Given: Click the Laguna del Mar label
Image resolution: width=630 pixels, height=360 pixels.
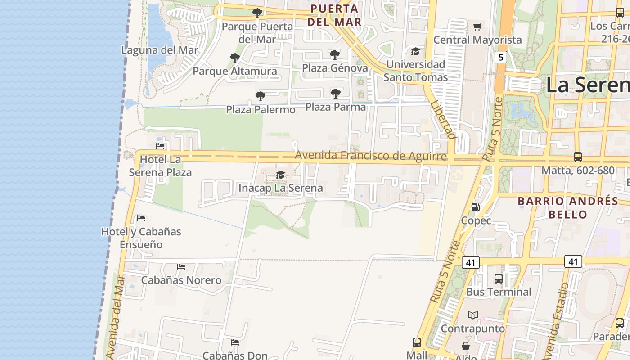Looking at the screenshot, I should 160,50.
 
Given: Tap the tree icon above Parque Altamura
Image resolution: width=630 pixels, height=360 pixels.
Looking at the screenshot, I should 234,58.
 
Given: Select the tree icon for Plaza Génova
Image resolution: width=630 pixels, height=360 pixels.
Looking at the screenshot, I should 334,55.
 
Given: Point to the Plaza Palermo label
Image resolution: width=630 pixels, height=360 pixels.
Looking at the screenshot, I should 261,109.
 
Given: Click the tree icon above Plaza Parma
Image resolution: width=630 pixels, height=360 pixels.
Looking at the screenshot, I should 335,94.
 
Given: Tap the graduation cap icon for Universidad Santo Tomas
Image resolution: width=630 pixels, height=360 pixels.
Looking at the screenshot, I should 415,51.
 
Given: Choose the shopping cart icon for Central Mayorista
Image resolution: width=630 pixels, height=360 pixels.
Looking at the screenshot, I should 477,27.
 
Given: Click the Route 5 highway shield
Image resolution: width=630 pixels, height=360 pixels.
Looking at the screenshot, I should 500,57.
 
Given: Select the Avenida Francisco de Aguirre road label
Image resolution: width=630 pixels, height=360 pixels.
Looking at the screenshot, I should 371,156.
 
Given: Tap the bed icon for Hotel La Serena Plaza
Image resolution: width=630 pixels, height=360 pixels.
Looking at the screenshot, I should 160,146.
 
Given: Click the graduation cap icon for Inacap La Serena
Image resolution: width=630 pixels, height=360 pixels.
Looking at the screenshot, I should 280,175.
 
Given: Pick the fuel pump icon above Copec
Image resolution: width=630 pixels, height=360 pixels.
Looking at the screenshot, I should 475,207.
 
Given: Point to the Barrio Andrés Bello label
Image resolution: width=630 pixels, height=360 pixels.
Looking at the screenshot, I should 568,207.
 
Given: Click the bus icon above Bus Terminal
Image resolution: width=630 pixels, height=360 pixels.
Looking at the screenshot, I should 498,279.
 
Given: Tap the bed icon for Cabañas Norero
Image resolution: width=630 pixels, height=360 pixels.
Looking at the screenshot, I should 181,267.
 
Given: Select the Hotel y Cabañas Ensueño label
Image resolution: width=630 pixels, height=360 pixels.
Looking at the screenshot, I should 141,238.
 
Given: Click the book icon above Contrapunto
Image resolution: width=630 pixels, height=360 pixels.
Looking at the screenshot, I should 472,315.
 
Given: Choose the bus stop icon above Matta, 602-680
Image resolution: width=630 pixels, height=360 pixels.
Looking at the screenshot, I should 577,157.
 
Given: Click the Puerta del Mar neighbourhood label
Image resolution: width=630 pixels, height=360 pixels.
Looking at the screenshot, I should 335,15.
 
